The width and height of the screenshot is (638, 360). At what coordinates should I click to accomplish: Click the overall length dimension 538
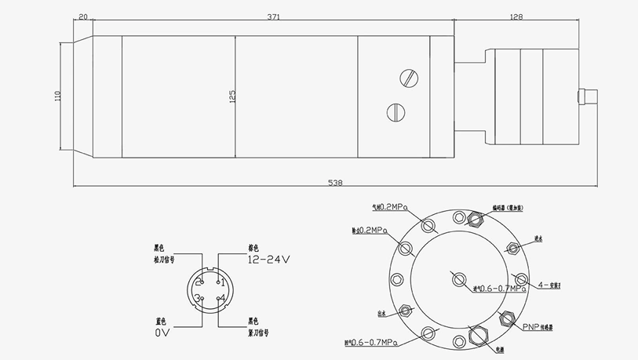335,183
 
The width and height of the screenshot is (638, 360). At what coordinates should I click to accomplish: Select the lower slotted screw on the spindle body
396,111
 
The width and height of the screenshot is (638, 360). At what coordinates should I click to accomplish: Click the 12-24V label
269,259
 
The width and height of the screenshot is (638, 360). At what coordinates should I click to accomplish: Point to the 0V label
162,332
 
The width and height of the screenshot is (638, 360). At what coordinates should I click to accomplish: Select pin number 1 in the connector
222,282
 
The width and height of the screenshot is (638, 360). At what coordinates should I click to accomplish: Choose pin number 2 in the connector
200,282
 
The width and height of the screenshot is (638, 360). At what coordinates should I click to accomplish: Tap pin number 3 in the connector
200,298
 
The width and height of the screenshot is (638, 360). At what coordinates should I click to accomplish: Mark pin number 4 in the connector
222,298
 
